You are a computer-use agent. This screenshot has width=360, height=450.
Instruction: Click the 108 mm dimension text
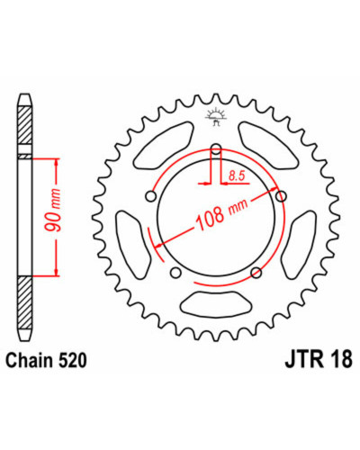coord(222,214)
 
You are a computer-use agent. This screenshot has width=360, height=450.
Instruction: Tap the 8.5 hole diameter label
coord(237,175)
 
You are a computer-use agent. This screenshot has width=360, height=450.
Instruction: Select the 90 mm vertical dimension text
coord(53,211)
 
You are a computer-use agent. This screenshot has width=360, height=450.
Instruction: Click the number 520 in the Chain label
coord(72,360)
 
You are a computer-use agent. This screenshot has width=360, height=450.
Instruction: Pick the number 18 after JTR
coord(341,359)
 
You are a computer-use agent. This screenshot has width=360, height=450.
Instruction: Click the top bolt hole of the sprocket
coord(216,148)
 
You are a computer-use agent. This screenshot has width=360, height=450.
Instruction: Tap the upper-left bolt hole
coord(150,196)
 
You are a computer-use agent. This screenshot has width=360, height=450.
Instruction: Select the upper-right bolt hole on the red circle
coord(281,196)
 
